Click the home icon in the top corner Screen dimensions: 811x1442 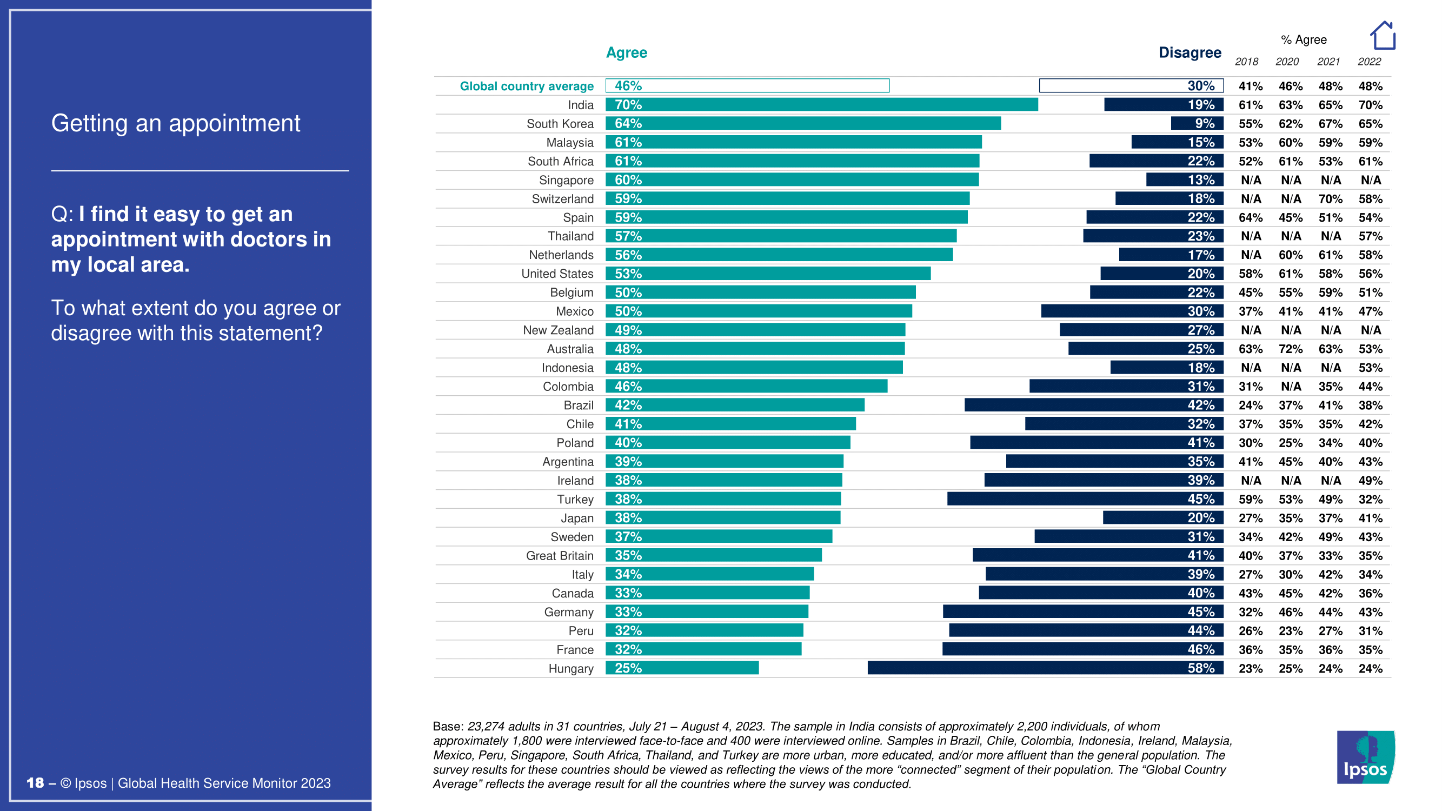[1382, 36]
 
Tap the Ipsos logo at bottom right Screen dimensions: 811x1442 [1365, 757]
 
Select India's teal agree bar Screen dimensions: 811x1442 [821, 105]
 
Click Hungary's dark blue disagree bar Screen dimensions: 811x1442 [1045, 668]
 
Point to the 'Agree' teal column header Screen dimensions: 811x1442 [627, 52]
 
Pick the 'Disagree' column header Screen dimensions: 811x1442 [1190, 52]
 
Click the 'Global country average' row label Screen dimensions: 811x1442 [526, 86]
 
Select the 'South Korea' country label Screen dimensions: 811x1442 [560, 124]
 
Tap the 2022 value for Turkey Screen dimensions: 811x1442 [1370, 499]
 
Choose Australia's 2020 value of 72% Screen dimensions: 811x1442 [1290, 349]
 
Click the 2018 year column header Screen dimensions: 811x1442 [1247, 62]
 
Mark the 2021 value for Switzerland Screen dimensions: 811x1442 [1330, 198]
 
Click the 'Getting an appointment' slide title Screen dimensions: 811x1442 [176, 123]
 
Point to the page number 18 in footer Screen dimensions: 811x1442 [35, 783]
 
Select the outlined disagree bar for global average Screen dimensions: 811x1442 [1131, 85]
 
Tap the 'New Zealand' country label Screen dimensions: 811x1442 [558, 330]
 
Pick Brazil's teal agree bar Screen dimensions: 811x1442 [734, 404]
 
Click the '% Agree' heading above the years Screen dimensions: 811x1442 [1303, 39]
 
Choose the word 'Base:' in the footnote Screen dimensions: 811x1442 [448, 727]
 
